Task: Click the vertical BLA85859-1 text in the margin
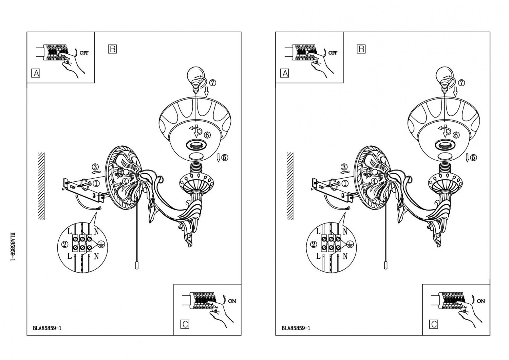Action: point(13,246)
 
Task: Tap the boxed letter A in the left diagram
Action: point(36,73)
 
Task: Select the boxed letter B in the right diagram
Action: point(361,49)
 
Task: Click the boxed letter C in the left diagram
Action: point(185,324)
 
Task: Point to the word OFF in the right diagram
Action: point(333,53)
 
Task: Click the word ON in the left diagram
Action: point(232,301)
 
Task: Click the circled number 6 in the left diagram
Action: point(207,135)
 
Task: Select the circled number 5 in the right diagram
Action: point(473,157)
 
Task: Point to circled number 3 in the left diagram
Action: point(95,167)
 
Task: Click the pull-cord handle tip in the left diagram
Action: point(136,266)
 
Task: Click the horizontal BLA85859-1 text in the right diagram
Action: point(296,328)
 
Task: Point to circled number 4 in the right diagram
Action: point(374,181)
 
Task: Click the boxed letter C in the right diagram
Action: point(434,324)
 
